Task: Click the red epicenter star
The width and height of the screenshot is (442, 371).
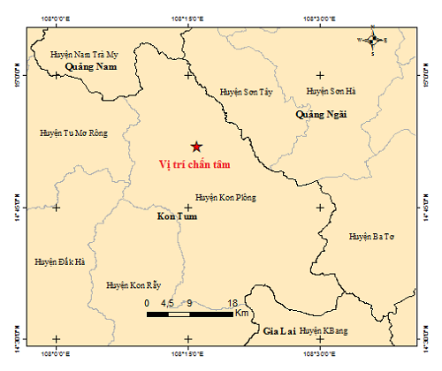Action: (x=195, y=146)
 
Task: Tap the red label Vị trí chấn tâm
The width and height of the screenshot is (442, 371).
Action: (x=192, y=164)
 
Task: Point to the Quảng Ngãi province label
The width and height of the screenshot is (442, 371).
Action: (x=321, y=114)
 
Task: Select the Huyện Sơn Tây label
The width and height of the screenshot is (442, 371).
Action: (x=245, y=91)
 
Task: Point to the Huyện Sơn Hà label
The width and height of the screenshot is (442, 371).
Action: (x=330, y=91)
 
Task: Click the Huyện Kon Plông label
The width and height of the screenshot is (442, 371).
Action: (x=225, y=198)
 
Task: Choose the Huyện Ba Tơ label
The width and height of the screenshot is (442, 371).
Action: (x=370, y=236)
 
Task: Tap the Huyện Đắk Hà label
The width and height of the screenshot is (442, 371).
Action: (x=60, y=261)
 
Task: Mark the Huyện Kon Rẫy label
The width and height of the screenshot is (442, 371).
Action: (x=133, y=285)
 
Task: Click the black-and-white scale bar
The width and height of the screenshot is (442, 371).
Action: (x=190, y=314)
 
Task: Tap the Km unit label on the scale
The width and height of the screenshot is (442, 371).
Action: (x=242, y=313)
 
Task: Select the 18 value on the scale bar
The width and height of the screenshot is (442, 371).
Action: (x=232, y=303)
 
